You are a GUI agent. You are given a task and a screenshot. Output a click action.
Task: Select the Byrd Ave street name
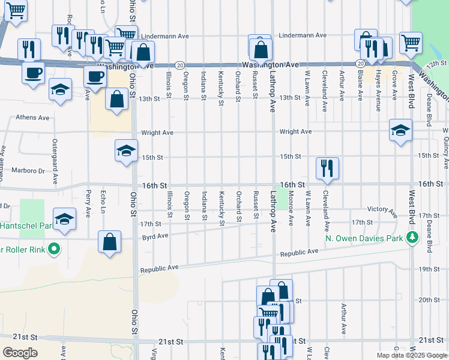(155, 237)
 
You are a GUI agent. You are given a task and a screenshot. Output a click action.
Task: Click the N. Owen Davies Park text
(365, 238)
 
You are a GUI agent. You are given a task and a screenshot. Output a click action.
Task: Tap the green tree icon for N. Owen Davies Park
(412, 238)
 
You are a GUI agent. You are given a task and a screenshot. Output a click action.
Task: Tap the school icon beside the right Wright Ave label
(400, 130)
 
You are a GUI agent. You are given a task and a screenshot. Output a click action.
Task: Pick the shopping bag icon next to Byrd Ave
(110, 242)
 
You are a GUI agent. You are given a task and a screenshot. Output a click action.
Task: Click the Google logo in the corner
(20, 353)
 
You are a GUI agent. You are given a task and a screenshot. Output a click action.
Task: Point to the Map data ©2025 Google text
(411, 355)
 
